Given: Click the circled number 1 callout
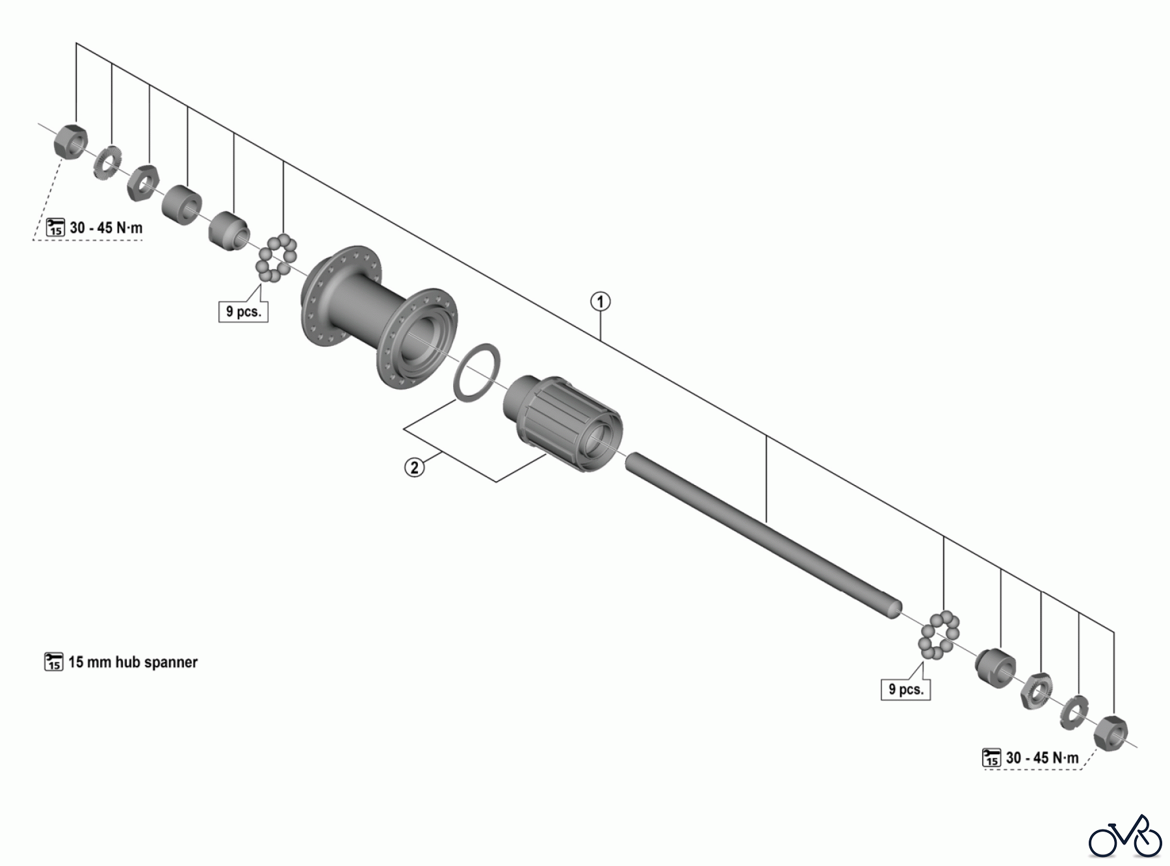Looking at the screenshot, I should tap(600, 302).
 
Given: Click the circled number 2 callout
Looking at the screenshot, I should tap(415, 467).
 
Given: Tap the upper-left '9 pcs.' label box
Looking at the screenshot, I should tap(243, 311).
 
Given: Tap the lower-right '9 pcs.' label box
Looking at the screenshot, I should tap(905, 689).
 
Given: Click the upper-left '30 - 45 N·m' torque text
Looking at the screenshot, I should tap(106, 228).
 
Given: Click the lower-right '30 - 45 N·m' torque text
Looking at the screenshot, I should tap(1042, 758).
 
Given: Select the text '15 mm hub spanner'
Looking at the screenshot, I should tap(133, 662).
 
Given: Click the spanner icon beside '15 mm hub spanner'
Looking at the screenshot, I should tap(53, 662).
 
